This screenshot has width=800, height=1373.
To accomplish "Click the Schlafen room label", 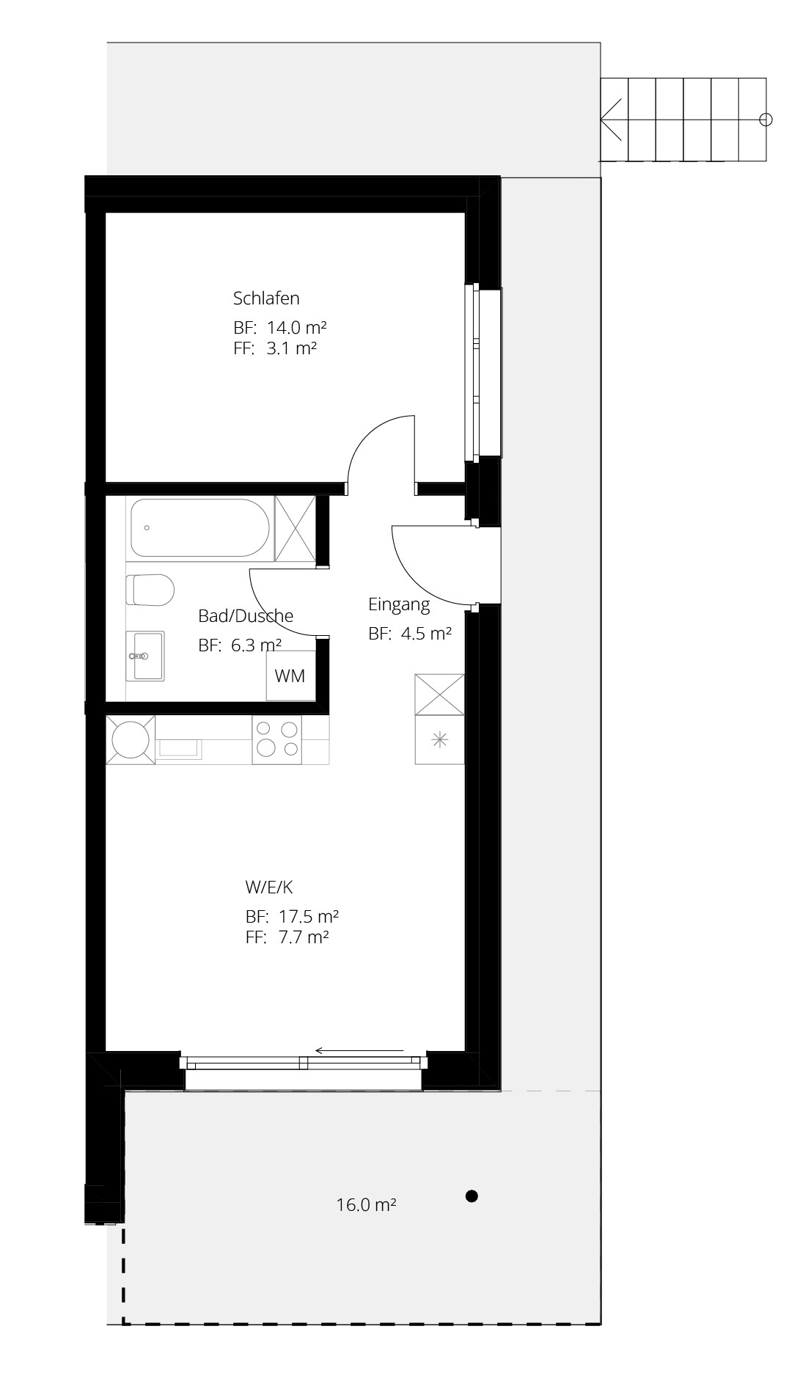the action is [266, 299].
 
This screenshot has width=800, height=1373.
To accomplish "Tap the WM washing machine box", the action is [290, 675].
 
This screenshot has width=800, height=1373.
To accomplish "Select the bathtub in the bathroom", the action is [199, 528].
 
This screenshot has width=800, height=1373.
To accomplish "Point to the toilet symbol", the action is [150, 590].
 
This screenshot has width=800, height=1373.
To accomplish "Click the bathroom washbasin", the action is [145, 655].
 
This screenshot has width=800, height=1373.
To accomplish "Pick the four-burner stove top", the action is [277, 739].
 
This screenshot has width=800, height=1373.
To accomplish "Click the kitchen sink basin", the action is [179, 747].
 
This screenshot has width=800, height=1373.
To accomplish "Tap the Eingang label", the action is [399, 605].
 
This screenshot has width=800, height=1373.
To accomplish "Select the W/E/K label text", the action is [269, 887].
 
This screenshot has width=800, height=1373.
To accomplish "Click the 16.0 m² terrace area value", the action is [367, 1204].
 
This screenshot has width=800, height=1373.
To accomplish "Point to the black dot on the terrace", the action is [472, 1196].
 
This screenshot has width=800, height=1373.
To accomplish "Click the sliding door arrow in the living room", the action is [359, 1051].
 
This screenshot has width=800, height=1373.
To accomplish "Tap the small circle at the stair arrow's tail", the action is [766, 119].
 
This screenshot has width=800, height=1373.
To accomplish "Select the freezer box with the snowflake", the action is [440, 740].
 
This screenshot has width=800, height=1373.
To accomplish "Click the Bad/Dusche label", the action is [246, 616].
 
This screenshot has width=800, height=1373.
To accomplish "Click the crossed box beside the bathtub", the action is [295, 528].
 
